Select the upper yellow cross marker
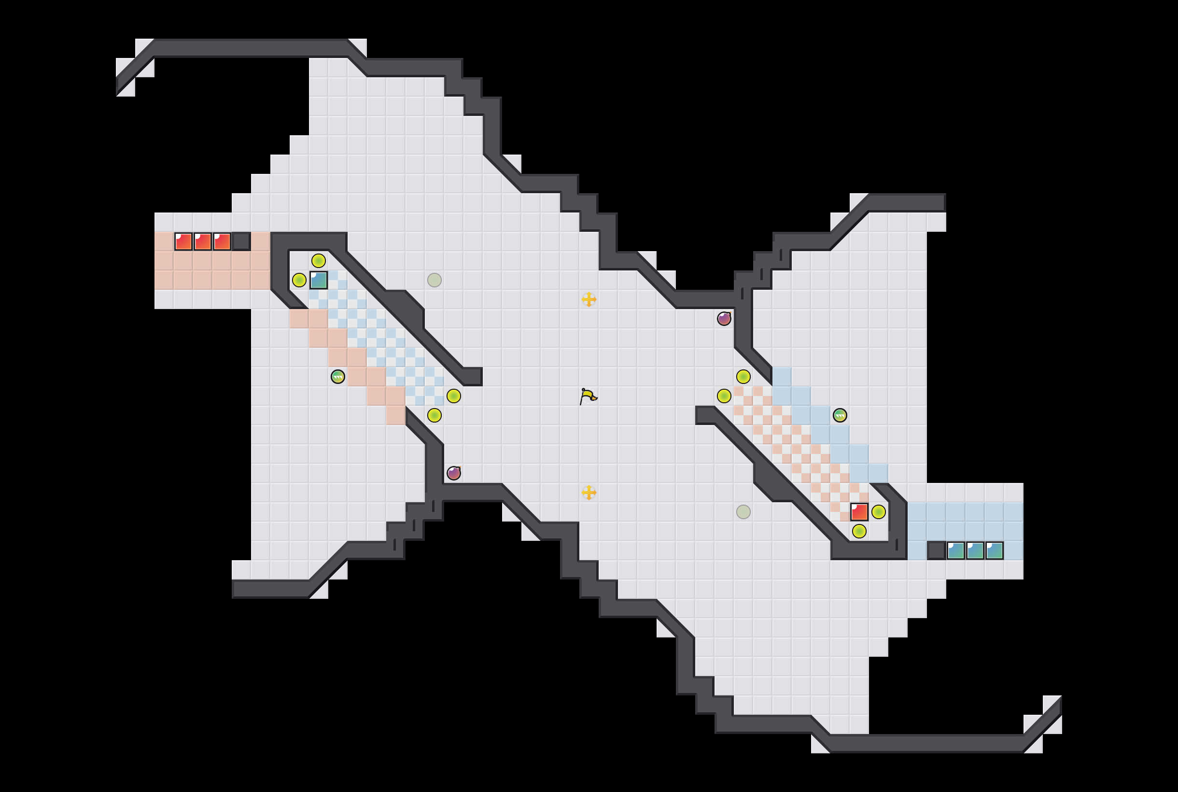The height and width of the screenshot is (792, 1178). pos(589,299)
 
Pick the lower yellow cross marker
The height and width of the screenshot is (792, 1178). pos(589,492)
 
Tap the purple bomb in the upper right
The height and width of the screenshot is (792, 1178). pos(724,318)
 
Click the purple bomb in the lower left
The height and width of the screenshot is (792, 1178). pos(453,473)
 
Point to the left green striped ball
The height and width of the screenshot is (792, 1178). pos(338,376)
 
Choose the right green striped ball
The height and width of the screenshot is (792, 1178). pos(840,415)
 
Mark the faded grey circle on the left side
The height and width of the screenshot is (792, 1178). pos(434,280)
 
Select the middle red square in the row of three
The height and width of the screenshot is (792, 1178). pos(202,241)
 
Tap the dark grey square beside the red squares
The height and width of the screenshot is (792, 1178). pos(241,241)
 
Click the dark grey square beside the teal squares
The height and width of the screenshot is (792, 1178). pos(936,550)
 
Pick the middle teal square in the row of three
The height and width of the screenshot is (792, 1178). pos(975,550)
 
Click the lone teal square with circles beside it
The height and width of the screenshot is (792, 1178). pos(319,280)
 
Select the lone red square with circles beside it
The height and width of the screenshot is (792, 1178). pos(859,512)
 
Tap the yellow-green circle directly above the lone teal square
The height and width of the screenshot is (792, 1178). pos(319,261)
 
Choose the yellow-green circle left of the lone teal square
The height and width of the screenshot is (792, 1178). pos(299,280)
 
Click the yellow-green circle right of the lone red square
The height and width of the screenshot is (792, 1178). pos(879,512)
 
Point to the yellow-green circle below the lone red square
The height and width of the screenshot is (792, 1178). pos(859,531)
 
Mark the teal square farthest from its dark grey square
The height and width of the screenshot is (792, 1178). pos(994,550)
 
